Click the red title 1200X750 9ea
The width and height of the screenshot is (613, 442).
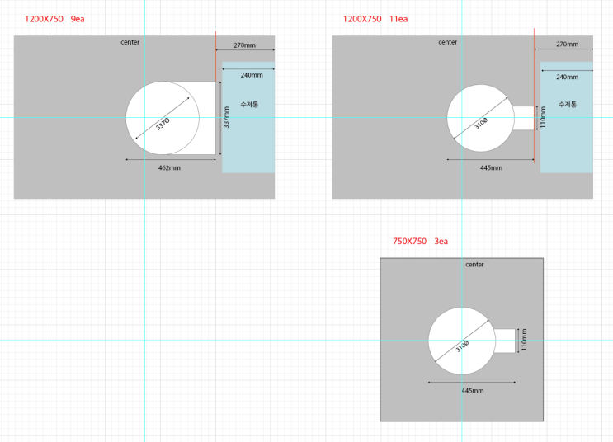54,19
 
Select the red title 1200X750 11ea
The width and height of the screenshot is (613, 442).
375,19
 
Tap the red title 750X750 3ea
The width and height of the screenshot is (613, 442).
420,242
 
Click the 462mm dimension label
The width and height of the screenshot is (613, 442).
169,168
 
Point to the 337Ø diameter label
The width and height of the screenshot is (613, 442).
163,124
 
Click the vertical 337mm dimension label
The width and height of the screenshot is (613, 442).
226,117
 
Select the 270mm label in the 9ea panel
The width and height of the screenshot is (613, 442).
245,45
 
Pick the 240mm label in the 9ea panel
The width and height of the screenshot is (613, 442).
252,75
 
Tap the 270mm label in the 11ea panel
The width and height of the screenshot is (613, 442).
568,45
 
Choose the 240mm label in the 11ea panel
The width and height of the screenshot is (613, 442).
568,77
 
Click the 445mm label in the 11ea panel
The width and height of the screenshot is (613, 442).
492,168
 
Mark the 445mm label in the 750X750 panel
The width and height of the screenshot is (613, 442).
473,391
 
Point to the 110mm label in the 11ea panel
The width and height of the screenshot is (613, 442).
543,117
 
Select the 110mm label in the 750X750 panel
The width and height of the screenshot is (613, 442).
524,340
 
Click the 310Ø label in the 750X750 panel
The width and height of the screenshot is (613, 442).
462,346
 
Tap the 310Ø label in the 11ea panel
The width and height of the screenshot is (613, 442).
481,124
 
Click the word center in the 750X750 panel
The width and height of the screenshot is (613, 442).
474,265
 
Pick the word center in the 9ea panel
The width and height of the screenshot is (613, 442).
130,42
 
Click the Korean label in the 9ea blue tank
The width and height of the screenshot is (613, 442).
249,105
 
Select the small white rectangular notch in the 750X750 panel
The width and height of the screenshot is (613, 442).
505,341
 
